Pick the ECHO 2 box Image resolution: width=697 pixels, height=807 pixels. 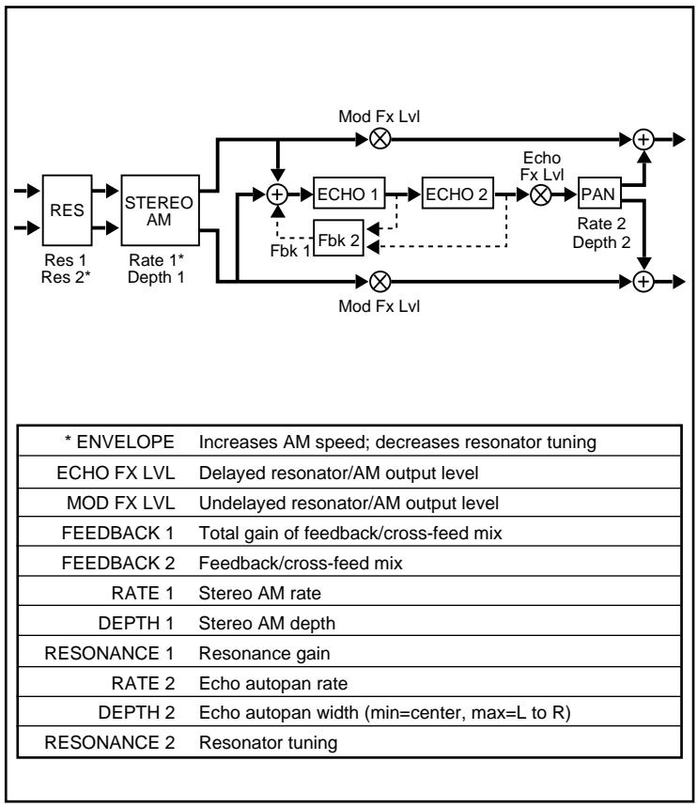point(457,194)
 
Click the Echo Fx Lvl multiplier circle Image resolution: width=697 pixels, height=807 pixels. point(541,194)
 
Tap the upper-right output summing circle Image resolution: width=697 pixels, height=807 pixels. point(643,139)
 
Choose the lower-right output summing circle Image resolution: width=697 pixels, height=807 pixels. point(643,280)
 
